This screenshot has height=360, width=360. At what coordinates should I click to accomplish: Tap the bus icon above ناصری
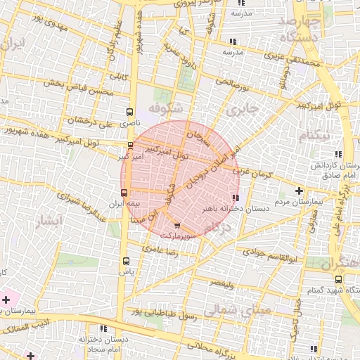coord(129,111)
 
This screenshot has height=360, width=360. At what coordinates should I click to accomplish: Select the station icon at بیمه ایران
coord(124,192)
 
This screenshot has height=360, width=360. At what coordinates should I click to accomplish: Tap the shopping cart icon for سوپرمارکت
coord(176,226)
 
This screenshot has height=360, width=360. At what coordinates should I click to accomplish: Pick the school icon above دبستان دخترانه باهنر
coord(235,198)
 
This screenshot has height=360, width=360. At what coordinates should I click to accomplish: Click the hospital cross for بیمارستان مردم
coord(300,191)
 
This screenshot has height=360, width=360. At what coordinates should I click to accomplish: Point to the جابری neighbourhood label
coord(243,110)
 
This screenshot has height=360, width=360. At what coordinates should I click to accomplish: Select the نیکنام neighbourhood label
coord(311,135)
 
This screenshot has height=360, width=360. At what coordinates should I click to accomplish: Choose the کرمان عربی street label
coord(251,169)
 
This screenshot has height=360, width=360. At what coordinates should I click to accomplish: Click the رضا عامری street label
coord(162,248)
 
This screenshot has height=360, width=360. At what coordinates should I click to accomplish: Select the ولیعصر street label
coord(220,283)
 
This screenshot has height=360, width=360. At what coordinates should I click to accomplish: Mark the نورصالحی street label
coord(233,85)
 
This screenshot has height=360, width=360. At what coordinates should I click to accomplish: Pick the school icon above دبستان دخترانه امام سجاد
coord(104,328)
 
